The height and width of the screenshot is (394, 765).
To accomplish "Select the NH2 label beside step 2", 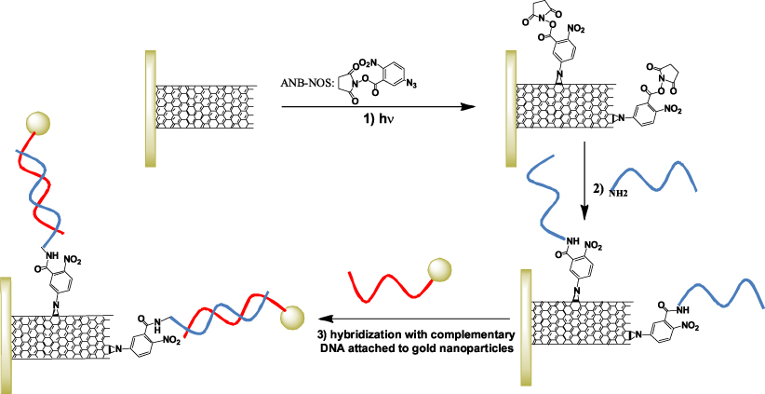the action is coord(617,194).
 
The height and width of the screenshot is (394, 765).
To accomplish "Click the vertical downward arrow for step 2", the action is coord(584,181).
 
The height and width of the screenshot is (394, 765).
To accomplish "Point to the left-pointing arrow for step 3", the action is coord(415,319).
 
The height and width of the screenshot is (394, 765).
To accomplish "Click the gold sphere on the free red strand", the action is coord(439,270).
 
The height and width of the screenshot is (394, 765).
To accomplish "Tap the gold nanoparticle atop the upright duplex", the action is coord(38,124).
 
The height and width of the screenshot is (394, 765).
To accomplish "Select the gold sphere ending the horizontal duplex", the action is coord(291,318).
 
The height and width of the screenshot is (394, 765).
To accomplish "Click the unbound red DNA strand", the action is coord(389,287).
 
